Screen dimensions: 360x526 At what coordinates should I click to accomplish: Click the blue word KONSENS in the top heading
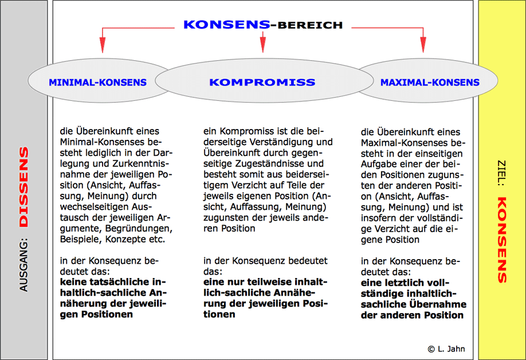coord(226,25)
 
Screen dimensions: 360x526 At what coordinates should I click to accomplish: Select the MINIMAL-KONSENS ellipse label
coord(97,83)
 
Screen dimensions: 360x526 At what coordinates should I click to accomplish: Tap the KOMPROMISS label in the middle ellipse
coord(262,83)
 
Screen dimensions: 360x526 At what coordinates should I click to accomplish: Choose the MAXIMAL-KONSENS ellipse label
coord(430,83)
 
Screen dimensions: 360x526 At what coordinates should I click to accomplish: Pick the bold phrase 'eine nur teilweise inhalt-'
coord(265,283)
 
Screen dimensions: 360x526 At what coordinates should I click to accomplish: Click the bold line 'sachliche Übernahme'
coord(413,304)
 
